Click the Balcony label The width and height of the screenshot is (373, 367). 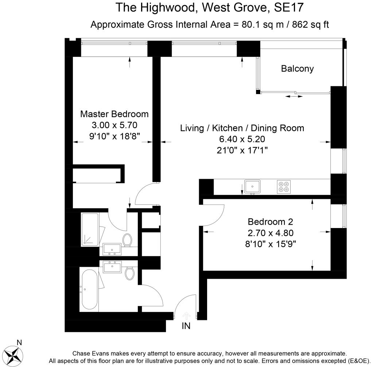point(297,69)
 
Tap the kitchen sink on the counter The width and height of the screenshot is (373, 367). point(252,187)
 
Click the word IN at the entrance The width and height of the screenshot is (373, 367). point(186,326)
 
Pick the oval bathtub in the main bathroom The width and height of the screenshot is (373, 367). point(89,289)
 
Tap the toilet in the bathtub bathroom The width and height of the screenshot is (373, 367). point(129,273)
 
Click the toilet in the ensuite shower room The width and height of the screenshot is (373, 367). point(127,240)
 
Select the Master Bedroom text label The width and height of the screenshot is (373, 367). point(114,114)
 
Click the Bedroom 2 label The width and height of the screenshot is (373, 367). point(270,221)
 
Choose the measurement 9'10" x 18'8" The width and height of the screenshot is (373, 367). point(114,136)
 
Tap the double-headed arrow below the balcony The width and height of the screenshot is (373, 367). point(294,96)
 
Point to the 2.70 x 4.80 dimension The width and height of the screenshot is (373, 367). point(270,232)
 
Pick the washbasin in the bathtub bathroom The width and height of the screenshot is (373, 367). point(113,267)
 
